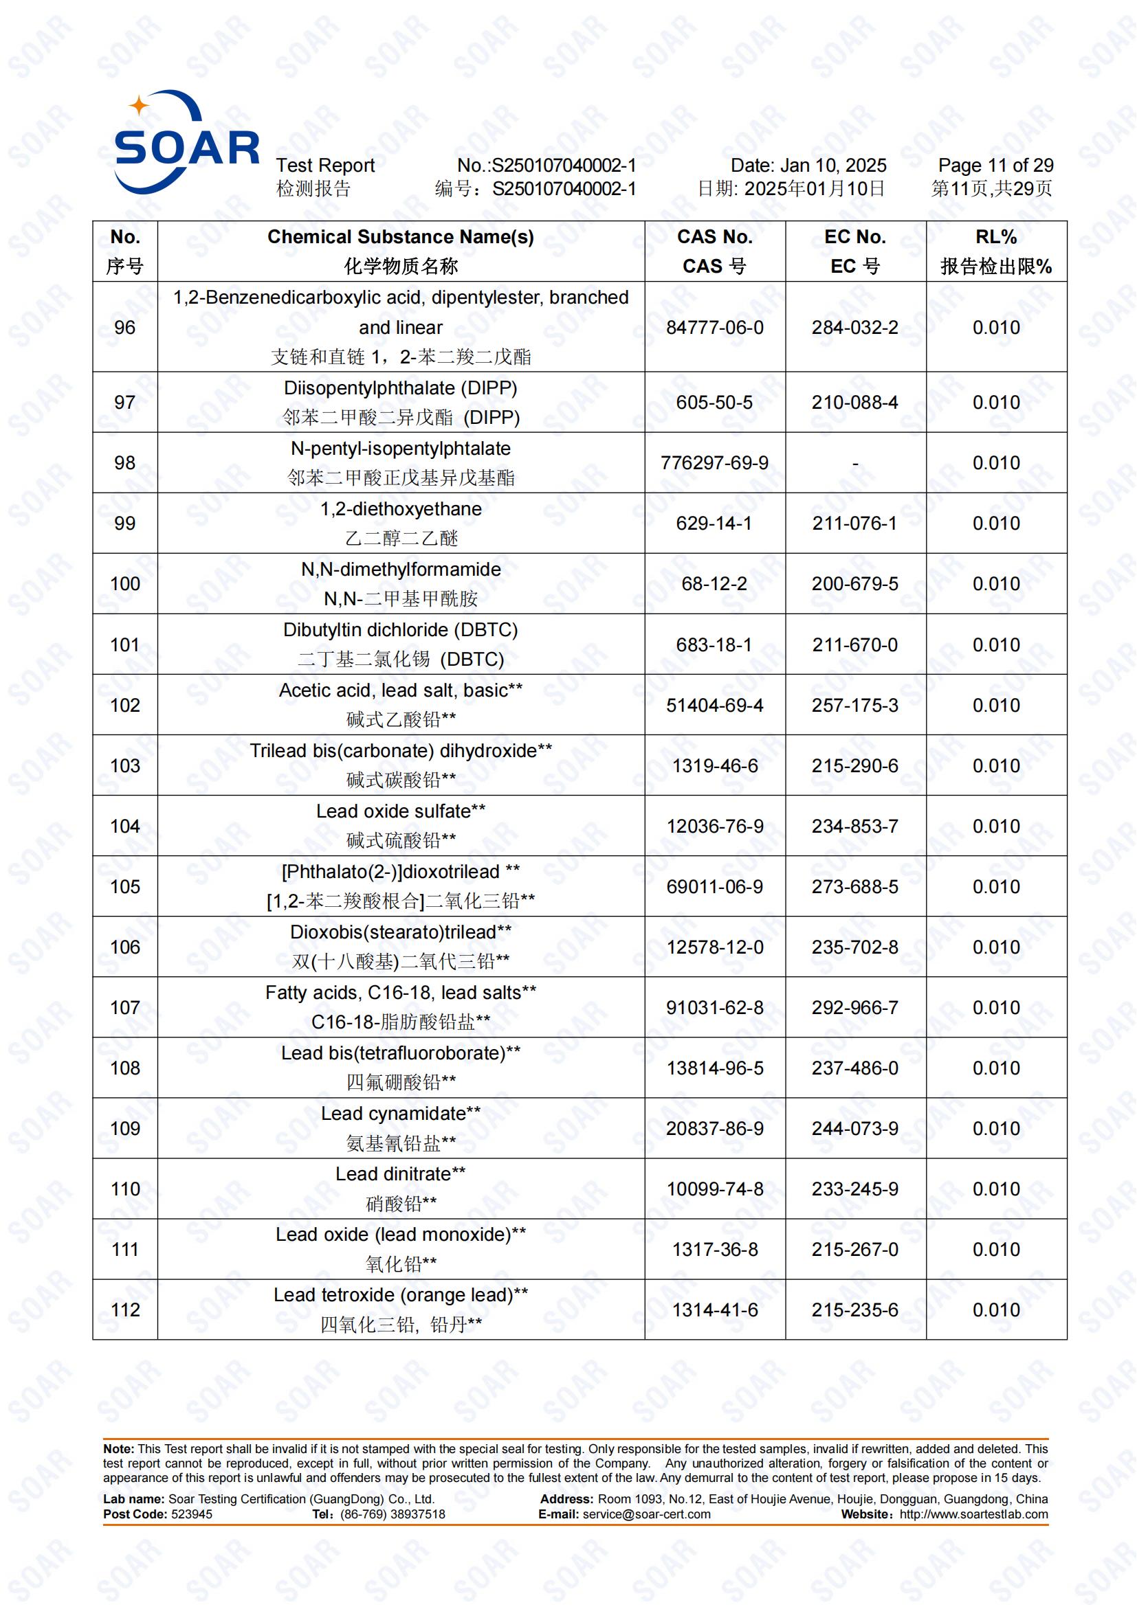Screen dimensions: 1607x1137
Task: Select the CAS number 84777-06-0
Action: pyautogui.click(x=714, y=328)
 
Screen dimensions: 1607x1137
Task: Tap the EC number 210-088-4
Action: pyautogui.click(x=854, y=403)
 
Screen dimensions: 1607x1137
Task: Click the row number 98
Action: pyautogui.click(x=124, y=462)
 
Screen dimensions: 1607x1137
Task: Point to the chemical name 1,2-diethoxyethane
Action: pyautogui.click(x=401, y=509)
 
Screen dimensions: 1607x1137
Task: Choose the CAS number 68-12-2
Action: pyautogui.click(x=714, y=584)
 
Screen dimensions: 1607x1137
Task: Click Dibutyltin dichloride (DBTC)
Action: pyautogui.click(x=401, y=630)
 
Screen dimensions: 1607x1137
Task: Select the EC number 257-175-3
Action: pyautogui.click(x=854, y=705)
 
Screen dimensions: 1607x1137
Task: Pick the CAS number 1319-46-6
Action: pyautogui.click(x=714, y=765)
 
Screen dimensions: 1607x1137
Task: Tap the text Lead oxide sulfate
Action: pyautogui.click(x=393, y=811)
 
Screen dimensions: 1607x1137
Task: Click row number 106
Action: pyautogui.click(x=124, y=947)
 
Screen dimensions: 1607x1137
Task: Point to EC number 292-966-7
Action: pyautogui.click(x=854, y=1008)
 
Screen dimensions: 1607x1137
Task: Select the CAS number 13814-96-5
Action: pyautogui.click(x=714, y=1068)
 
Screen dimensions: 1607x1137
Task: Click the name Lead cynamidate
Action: pyautogui.click(x=393, y=1114)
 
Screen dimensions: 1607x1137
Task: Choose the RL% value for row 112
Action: pyautogui.click(x=995, y=1310)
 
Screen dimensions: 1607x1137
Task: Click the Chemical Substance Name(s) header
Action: pyautogui.click(x=401, y=237)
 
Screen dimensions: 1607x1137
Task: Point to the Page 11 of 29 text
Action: pyautogui.click(x=995, y=166)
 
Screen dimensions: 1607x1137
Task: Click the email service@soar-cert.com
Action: pyautogui.click(x=646, y=1514)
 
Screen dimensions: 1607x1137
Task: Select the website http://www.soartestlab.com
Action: pyautogui.click(x=973, y=1514)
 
